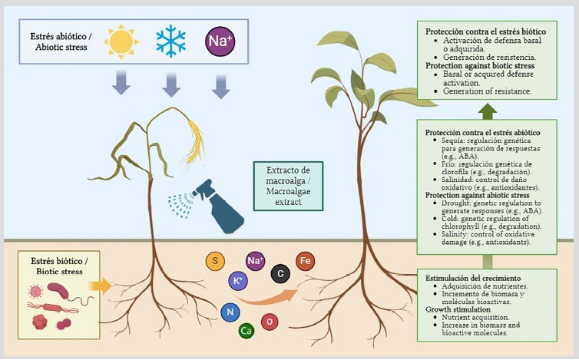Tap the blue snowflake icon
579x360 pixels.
pyautogui.click(x=170, y=41)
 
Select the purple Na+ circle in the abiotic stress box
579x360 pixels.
pyautogui.click(x=220, y=41)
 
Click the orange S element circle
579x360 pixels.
pyautogui.click(x=215, y=261)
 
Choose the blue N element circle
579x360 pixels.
pyautogui.click(x=228, y=312)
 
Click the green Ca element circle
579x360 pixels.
pyautogui.click(x=246, y=331)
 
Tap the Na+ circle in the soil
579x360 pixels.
pyautogui.click(x=256, y=262)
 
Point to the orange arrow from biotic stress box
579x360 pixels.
pyautogui.click(x=100, y=287)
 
